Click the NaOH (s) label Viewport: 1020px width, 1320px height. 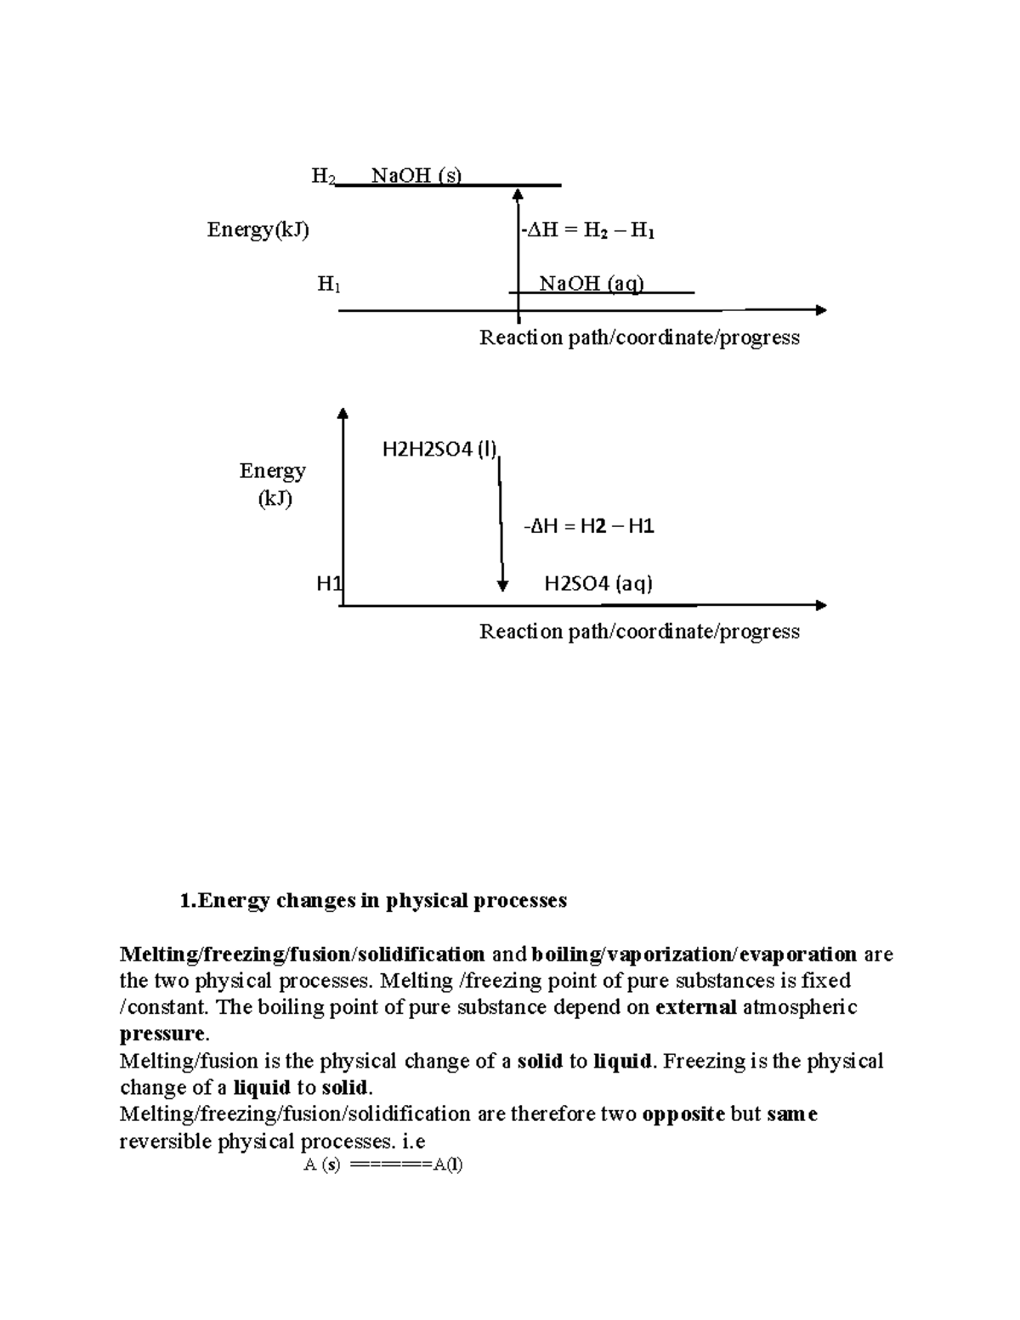416,176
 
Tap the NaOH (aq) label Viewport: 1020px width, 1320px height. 592,283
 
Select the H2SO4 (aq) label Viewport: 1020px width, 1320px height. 598,583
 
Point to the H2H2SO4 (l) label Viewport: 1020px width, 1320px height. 439,450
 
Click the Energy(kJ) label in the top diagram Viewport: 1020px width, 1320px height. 258,229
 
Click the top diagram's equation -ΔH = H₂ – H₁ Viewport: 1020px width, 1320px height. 587,230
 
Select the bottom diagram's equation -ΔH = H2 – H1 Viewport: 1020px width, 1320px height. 588,526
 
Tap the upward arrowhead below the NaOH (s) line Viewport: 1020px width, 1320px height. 518,195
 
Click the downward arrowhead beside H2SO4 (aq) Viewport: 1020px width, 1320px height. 502,585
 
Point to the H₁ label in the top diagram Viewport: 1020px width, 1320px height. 329,284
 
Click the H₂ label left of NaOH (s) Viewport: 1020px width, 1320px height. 323,176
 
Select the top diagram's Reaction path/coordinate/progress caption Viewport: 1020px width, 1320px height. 639,337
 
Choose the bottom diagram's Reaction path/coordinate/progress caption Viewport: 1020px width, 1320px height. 639,632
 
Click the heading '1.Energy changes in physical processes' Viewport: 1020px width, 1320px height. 373,900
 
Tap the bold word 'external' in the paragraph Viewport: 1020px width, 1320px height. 696,1007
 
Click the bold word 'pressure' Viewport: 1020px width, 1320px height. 162,1034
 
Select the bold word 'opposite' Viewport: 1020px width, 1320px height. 683,1113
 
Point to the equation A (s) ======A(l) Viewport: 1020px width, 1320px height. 383,1164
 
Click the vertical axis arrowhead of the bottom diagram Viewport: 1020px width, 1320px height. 343,413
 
